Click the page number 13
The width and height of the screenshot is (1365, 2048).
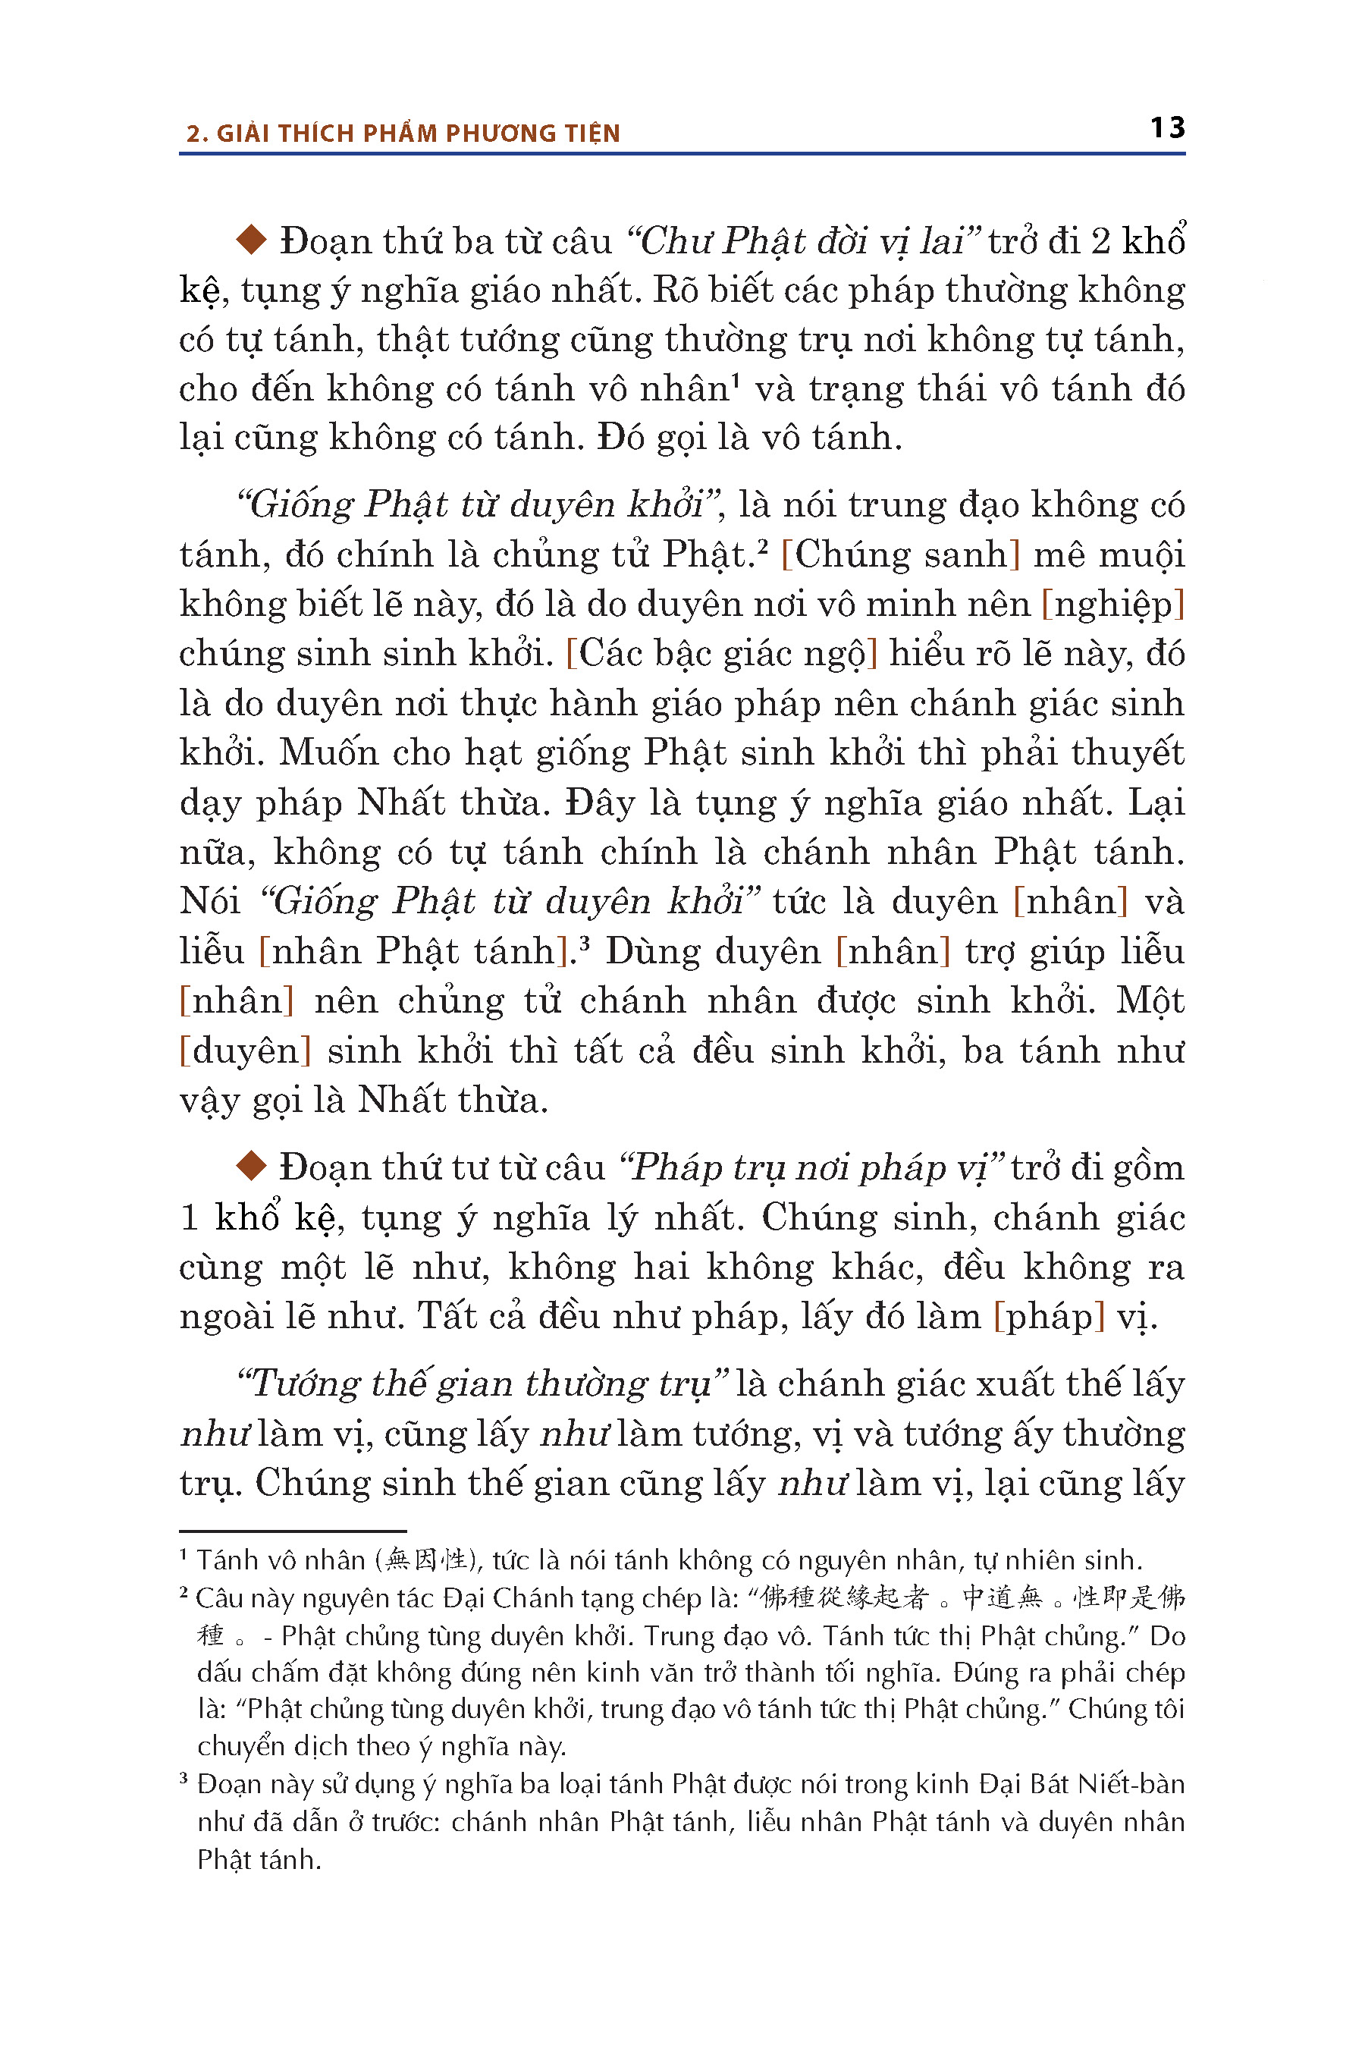point(1166,128)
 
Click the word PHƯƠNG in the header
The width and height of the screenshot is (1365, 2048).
point(488,133)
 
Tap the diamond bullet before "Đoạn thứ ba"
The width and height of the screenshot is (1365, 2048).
point(252,240)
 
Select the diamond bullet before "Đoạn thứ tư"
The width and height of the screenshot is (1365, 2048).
point(252,1166)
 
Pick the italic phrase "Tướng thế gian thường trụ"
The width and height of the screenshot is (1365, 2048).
point(482,1384)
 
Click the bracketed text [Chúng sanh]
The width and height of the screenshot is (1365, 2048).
point(900,554)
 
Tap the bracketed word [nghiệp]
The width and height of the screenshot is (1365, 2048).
point(1113,605)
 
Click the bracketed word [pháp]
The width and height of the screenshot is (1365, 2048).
point(1049,1316)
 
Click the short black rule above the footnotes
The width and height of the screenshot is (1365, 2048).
point(293,1531)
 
